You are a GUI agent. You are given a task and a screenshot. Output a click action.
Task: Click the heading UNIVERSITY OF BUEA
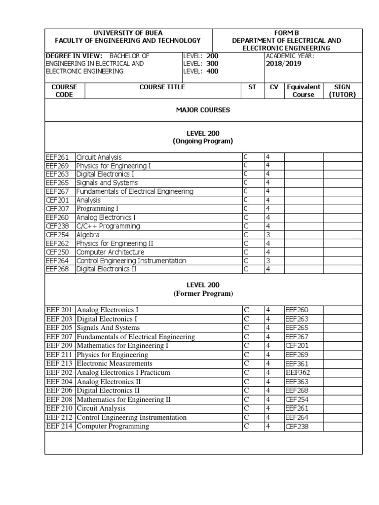tap(128, 33)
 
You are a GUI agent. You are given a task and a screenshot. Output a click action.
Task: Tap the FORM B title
tap(287, 33)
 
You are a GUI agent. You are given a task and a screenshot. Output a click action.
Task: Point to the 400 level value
tap(212, 72)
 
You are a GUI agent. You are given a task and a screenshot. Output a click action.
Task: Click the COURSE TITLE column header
tap(162, 87)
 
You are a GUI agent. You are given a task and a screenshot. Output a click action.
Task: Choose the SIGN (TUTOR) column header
tap(342, 91)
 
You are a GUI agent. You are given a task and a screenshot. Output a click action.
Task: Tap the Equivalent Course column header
tap(303, 91)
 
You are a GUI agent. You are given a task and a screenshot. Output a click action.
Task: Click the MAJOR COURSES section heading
tap(203, 110)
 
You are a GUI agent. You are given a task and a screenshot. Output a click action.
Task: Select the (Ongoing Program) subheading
tap(203, 141)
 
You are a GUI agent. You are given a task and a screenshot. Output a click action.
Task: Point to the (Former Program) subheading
tap(203, 293)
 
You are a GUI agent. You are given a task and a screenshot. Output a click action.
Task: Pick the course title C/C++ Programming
tap(108, 226)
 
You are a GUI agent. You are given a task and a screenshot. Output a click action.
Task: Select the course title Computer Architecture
tap(110, 252)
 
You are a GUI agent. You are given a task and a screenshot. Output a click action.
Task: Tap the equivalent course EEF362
tap(298, 372)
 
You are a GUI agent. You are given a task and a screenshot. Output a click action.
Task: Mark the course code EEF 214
tap(59, 426)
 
